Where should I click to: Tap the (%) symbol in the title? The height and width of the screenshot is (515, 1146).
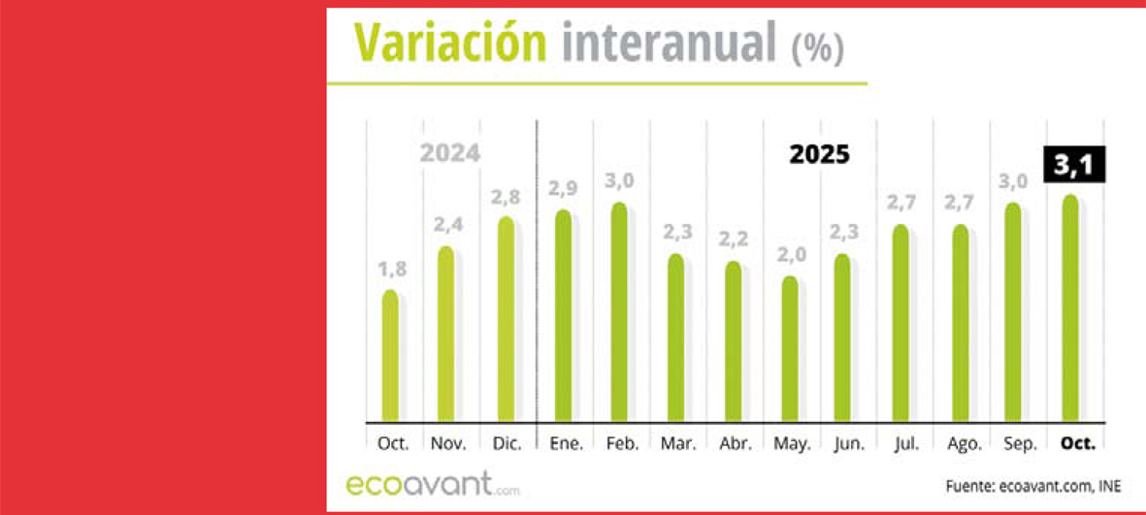[x=818, y=48]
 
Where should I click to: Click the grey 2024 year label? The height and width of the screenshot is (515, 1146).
[x=449, y=154]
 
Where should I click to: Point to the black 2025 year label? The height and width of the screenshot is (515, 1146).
[x=818, y=154]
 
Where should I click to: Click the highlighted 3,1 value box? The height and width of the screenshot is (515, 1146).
[x=1074, y=166]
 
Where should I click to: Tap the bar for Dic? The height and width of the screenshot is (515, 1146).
[x=505, y=319]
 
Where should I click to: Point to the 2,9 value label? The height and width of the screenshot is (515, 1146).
[x=562, y=188]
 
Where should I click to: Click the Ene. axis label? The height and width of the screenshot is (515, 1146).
[x=566, y=443]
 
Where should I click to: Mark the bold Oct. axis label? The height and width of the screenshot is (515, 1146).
[x=1078, y=443]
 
